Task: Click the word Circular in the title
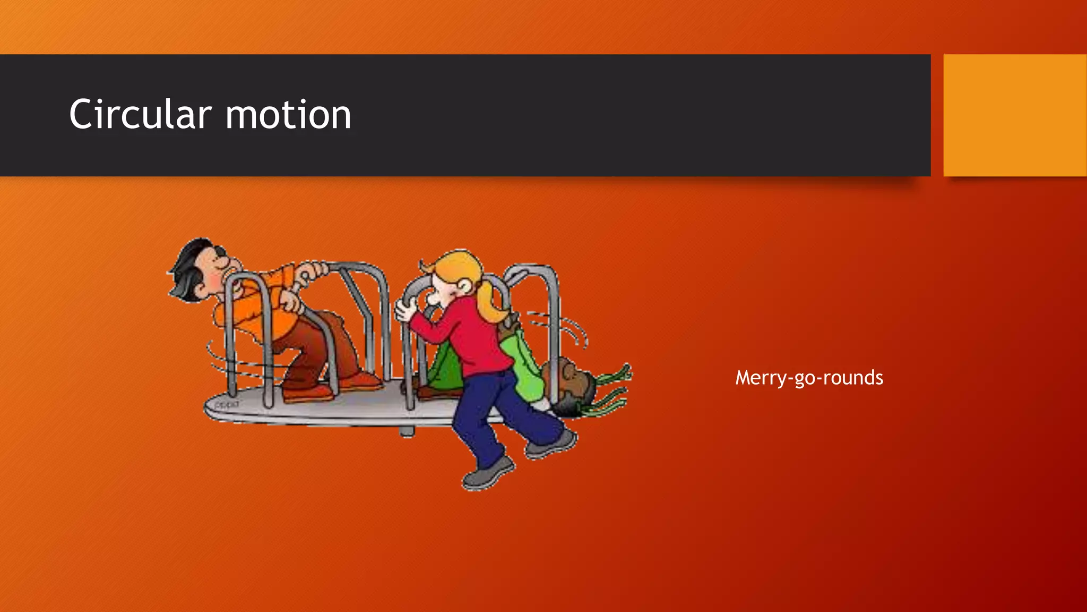[x=141, y=114]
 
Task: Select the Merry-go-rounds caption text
[x=809, y=378]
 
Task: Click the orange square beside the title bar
[x=1014, y=115]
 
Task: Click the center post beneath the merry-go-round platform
[x=407, y=431]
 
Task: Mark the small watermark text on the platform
[x=227, y=405]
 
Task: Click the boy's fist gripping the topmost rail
[x=313, y=271]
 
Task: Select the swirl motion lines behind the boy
[x=223, y=361]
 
